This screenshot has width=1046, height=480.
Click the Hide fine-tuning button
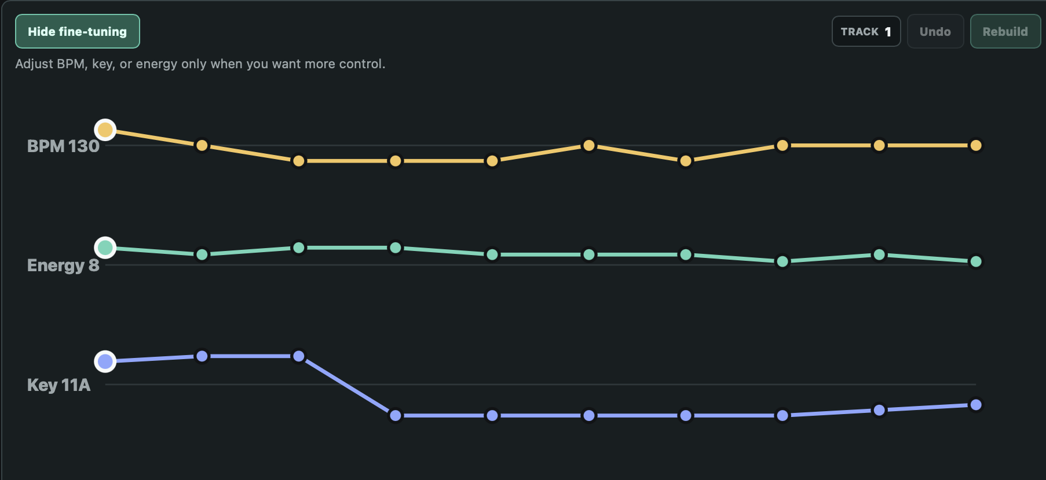coord(77,31)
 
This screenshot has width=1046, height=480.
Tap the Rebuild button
coord(1005,31)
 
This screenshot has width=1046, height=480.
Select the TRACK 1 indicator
coord(866,31)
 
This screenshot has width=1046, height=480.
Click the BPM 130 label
coord(63,146)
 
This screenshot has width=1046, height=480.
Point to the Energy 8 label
coord(63,265)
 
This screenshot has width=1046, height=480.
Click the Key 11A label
coord(58,385)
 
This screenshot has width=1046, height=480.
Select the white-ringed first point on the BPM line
coord(105,130)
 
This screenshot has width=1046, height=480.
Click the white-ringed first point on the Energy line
coord(105,248)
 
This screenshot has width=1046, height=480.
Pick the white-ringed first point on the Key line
coord(105,361)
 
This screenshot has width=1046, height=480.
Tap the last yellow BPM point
coord(976,145)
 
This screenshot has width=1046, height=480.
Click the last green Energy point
coord(976,261)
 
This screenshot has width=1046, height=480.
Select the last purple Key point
coord(976,405)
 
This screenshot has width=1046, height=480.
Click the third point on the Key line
coord(299,356)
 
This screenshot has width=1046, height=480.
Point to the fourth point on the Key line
coord(396,415)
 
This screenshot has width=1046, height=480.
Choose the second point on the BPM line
coord(202,145)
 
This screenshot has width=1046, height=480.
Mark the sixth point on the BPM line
coord(589,145)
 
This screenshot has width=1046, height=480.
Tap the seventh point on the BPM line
coord(686,161)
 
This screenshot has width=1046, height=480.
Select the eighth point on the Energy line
coord(782,261)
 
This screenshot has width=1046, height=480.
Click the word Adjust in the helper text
coord(34,64)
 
